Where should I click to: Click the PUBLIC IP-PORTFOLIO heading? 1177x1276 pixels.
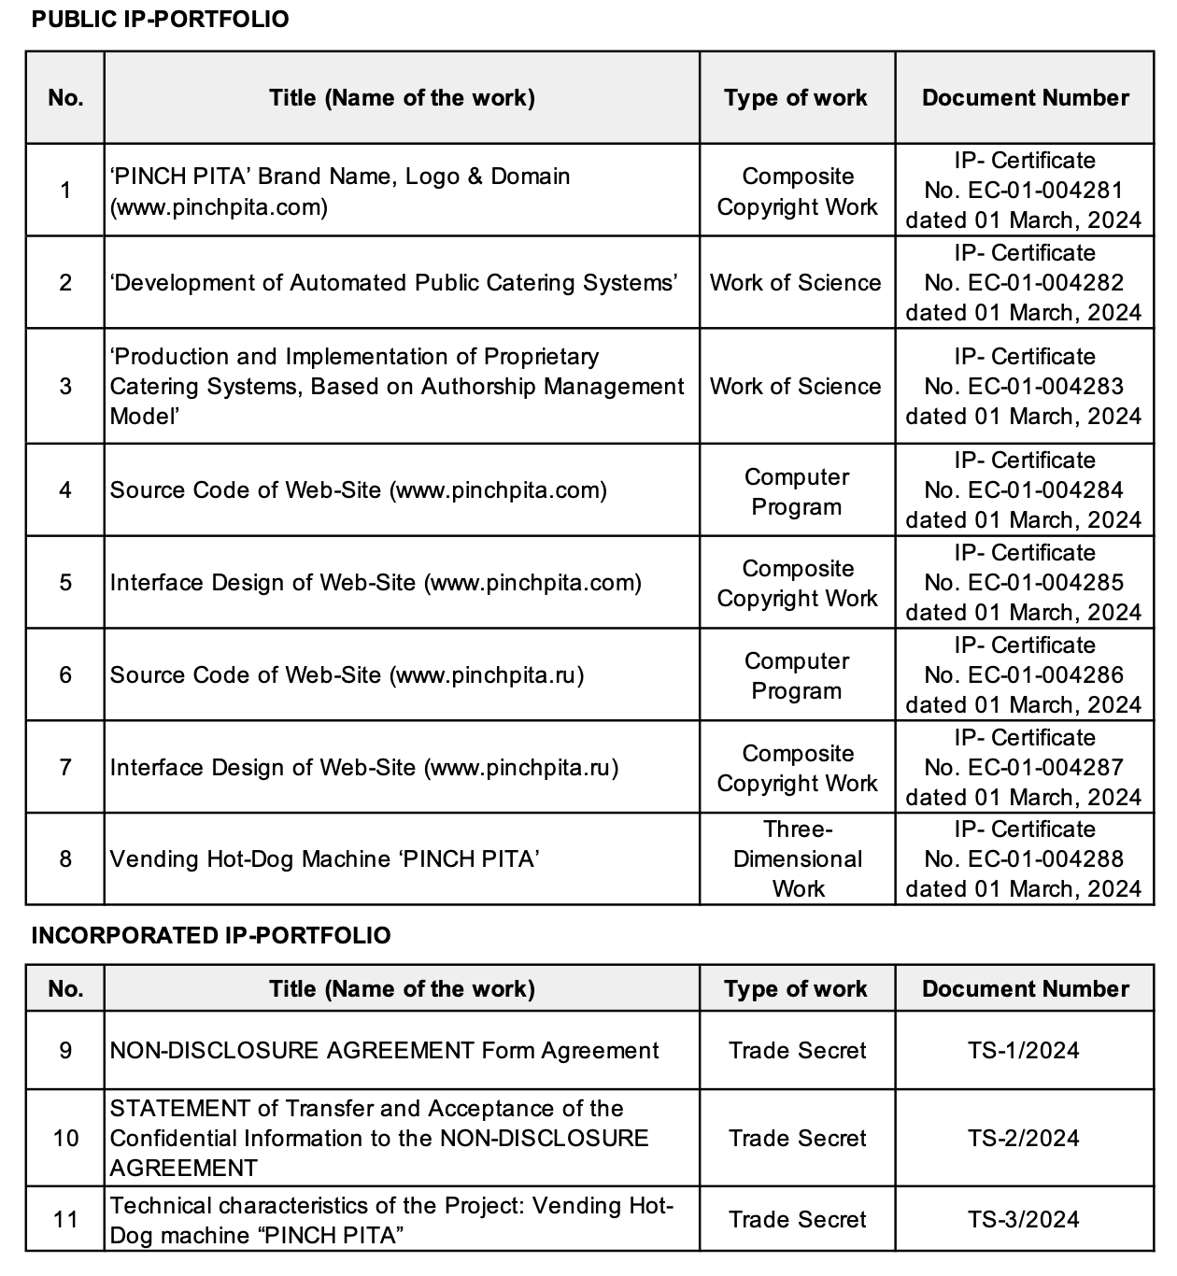pyautogui.click(x=160, y=20)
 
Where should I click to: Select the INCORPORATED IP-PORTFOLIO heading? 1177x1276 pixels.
pyautogui.click(x=210, y=936)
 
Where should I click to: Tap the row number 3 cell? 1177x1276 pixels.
pyautogui.click(x=65, y=387)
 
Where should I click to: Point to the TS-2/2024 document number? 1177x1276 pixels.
pyautogui.click(x=1024, y=1139)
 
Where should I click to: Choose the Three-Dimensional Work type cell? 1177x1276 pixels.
pyautogui.click(x=797, y=859)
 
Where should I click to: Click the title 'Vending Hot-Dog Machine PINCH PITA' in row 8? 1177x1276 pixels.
pyautogui.click(x=324, y=859)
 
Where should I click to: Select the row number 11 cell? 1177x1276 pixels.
pyautogui.click(x=65, y=1220)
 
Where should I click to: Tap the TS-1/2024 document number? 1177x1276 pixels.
pyautogui.click(x=1024, y=1051)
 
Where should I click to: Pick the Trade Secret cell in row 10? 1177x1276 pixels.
pyautogui.click(x=797, y=1139)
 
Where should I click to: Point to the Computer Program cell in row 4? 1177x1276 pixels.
pyautogui.click(x=797, y=492)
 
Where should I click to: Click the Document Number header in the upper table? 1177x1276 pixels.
pyautogui.click(x=1025, y=98)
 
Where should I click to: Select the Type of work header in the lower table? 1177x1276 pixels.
pyautogui.click(x=796, y=989)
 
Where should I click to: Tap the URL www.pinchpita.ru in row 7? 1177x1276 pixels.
pyautogui.click(x=521, y=768)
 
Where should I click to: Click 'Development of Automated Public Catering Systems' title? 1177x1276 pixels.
pyautogui.click(x=393, y=283)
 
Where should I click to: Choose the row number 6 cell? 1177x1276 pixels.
pyautogui.click(x=65, y=675)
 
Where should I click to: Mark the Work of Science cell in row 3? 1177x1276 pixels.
pyautogui.click(x=796, y=387)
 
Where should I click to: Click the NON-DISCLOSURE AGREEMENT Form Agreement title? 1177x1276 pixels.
pyautogui.click(x=384, y=1051)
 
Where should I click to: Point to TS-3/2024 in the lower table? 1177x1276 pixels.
pyautogui.click(x=1024, y=1220)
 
